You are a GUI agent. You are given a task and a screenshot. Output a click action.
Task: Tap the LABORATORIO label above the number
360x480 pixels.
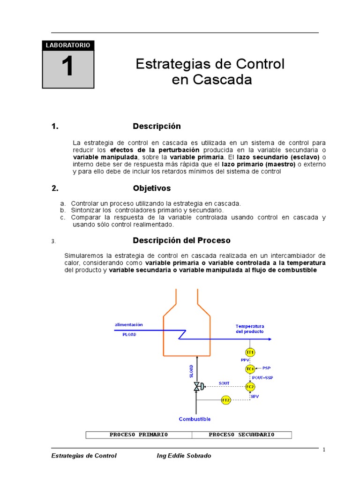67,45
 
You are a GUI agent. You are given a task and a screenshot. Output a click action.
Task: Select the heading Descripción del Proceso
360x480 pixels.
181,240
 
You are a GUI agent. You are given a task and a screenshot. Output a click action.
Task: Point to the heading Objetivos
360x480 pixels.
152,188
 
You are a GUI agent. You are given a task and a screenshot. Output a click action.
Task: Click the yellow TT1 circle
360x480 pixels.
250,352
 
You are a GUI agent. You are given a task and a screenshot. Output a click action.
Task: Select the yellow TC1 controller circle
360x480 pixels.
250,369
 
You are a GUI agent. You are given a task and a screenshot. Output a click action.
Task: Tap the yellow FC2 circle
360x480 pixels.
250,387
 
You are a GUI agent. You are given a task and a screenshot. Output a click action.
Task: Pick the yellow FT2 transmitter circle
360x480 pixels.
226,400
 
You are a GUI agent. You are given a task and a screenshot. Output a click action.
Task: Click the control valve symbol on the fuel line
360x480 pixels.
197,387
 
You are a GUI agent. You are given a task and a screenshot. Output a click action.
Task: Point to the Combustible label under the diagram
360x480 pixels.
195,419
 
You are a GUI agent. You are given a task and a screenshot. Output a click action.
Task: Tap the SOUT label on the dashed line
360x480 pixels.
224,383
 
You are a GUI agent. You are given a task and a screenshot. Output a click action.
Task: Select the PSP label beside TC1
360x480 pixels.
266,368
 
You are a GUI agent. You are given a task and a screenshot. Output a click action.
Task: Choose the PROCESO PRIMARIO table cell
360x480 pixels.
139,435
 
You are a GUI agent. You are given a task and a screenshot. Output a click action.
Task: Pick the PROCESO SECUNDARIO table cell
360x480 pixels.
241,435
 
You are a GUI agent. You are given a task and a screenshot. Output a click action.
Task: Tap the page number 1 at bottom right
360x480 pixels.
323,450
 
